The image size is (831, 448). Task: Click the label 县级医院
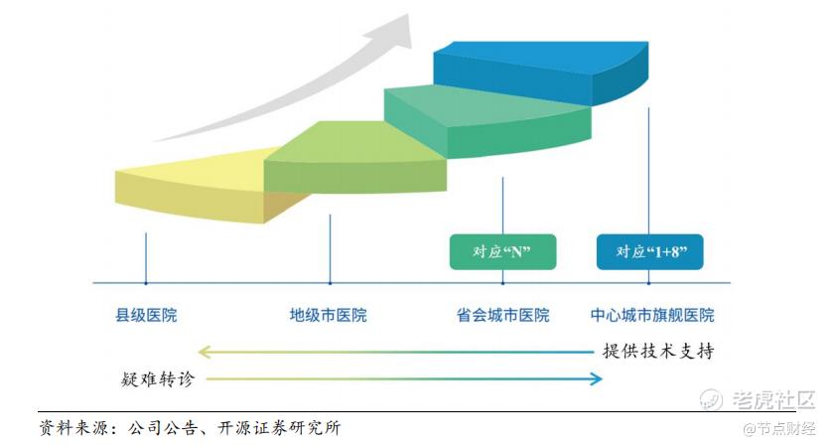[x=146, y=315]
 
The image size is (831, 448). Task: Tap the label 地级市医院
[x=328, y=315]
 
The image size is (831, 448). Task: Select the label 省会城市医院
[x=503, y=315]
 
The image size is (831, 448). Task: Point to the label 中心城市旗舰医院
[x=652, y=315]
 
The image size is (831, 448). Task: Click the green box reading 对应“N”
[x=503, y=252]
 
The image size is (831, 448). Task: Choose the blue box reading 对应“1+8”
[x=649, y=252]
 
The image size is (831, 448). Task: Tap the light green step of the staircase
[x=355, y=159]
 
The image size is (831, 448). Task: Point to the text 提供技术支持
[x=658, y=351]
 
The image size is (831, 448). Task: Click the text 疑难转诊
[x=158, y=379]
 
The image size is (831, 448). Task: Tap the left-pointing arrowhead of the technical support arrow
[x=205, y=352]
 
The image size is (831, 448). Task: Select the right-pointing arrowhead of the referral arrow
[x=597, y=378]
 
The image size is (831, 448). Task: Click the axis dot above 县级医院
[x=146, y=283]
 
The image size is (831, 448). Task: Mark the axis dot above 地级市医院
[x=331, y=283]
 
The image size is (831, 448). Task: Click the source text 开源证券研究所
[x=279, y=428]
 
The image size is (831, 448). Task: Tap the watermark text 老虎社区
[x=773, y=399]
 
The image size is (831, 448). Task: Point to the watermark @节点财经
[x=779, y=428]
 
